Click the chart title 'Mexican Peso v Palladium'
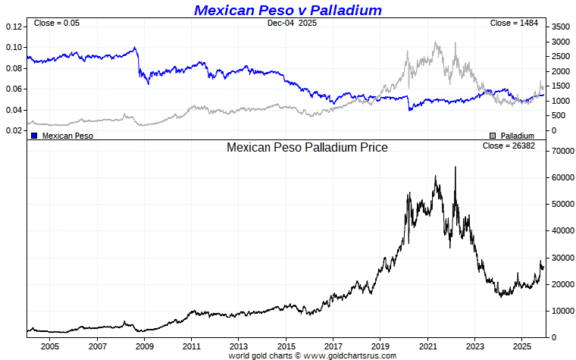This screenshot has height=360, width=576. click(287, 10)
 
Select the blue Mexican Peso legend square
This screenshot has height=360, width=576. click(34, 136)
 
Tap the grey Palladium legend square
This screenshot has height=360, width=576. click(493, 136)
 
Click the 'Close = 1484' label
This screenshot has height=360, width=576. click(514, 23)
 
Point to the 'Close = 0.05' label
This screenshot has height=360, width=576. click(57, 23)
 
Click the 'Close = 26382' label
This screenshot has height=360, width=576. click(509, 146)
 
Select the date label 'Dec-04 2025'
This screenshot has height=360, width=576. click(292, 23)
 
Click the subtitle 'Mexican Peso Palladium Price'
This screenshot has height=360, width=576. click(307, 148)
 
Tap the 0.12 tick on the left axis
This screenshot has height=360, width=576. click(14, 27)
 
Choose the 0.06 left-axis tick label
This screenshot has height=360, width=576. click(14, 89)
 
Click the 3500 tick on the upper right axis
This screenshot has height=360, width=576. click(560, 27)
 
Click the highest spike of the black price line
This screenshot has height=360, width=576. click(455, 167)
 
